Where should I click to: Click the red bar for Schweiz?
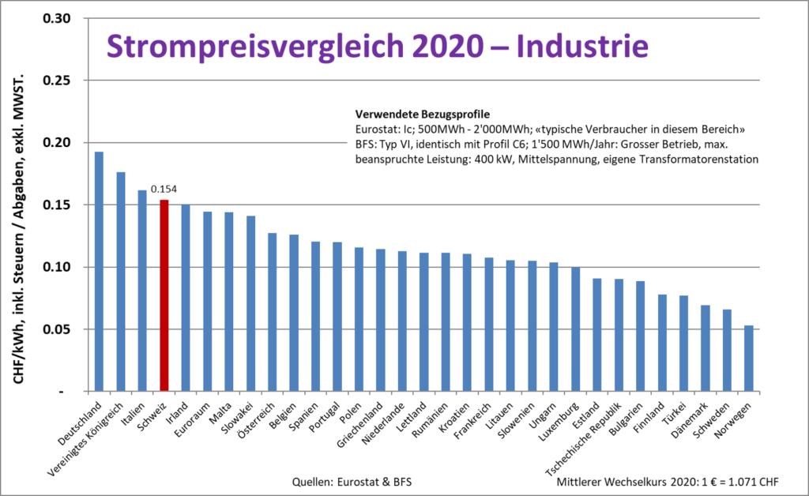[x=164, y=295]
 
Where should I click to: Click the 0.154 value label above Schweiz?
[x=163, y=190]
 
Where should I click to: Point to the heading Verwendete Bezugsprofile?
[x=423, y=113]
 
